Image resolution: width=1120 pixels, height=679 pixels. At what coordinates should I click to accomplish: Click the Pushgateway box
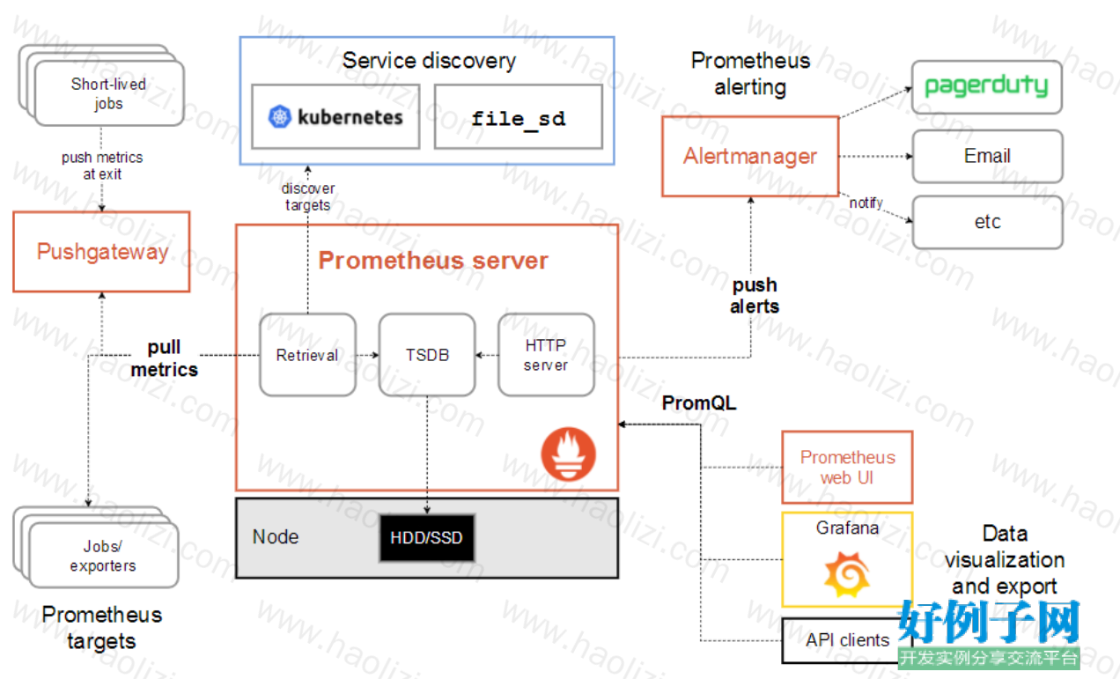[101, 252]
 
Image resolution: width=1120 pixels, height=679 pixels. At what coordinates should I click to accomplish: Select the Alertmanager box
[750, 156]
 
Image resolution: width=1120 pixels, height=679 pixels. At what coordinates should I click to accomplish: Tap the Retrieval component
[307, 355]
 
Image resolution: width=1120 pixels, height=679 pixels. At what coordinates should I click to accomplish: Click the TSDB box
[427, 355]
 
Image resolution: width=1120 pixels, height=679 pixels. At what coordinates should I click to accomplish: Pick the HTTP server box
[546, 355]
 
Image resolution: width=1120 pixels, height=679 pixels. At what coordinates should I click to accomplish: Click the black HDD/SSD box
[426, 537]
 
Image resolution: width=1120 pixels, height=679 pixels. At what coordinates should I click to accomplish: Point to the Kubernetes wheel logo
[279, 116]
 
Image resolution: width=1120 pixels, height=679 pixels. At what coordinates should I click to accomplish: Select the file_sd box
[519, 116]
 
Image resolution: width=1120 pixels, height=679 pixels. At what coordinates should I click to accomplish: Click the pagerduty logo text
[986, 86]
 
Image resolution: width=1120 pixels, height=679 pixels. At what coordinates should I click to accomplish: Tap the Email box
[988, 156]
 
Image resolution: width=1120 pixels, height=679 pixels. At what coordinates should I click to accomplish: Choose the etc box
[988, 222]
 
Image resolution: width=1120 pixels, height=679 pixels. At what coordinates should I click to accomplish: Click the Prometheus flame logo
[569, 454]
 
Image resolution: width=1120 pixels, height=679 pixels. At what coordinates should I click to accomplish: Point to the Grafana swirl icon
[847, 574]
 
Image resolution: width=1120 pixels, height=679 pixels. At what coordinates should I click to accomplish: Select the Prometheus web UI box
[848, 467]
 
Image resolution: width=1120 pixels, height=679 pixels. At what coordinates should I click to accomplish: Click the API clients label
[848, 640]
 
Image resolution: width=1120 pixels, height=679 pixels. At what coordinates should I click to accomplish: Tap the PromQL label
[699, 402]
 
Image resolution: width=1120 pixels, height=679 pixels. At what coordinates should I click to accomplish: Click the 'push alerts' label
[755, 296]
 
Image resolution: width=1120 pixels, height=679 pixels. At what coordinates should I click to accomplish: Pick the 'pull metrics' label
[165, 358]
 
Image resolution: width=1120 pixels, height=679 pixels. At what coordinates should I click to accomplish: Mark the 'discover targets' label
[307, 196]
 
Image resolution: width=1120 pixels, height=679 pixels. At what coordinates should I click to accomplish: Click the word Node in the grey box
[276, 537]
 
